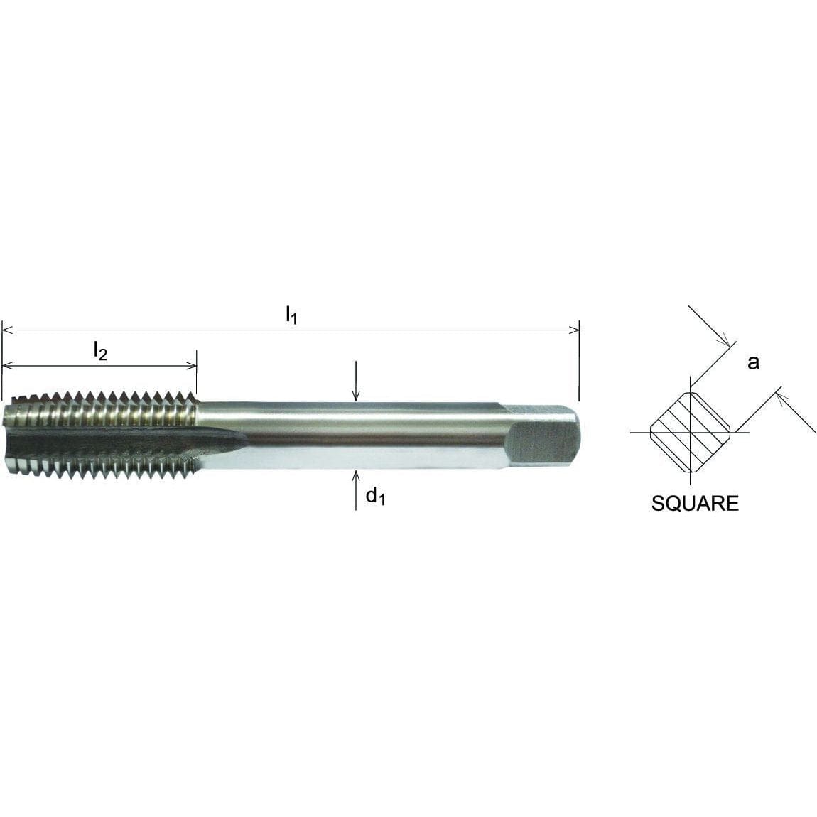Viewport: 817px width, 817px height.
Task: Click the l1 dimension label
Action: point(291,315)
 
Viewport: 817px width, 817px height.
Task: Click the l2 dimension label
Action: point(100,350)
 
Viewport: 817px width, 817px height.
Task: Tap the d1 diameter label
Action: point(374,497)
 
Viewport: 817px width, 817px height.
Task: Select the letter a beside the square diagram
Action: point(753,362)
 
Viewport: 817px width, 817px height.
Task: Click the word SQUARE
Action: point(695,504)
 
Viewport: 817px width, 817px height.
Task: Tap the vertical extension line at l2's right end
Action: point(197,373)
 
